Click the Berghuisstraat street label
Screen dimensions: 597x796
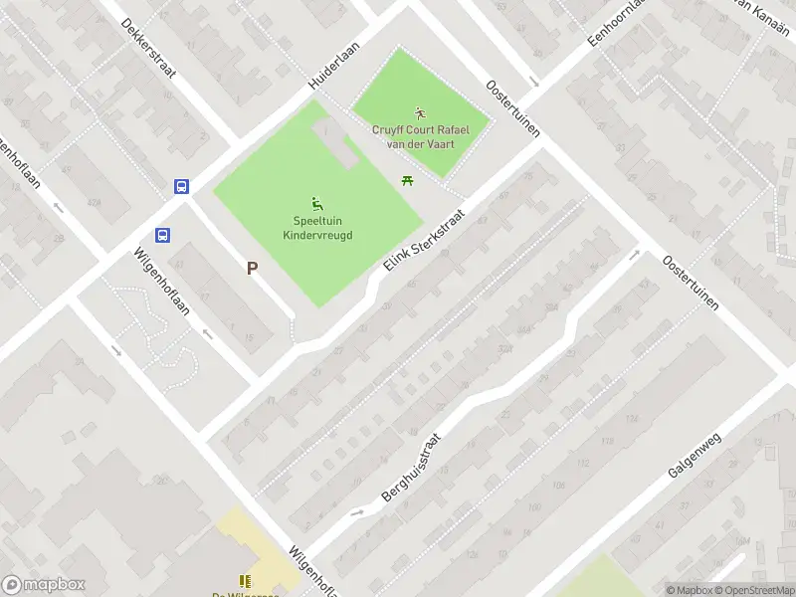pyautogui.click(x=410, y=466)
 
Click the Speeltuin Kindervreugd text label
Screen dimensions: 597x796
pyautogui.click(x=317, y=228)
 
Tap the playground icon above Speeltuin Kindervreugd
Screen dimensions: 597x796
pyautogui.click(x=317, y=203)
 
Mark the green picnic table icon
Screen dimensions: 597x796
pyautogui.click(x=406, y=180)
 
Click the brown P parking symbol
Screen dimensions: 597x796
pyautogui.click(x=252, y=268)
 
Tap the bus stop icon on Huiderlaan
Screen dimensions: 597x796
pyautogui.click(x=182, y=186)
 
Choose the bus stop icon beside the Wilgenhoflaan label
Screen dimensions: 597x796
pyautogui.click(x=161, y=235)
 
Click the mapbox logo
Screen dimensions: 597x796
pyautogui.click(x=44, y=585)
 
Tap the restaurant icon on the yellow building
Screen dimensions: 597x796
pyautogui.click(x=245, y=581)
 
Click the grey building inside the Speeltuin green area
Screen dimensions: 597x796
pyautogui.click(x=337, y=144)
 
